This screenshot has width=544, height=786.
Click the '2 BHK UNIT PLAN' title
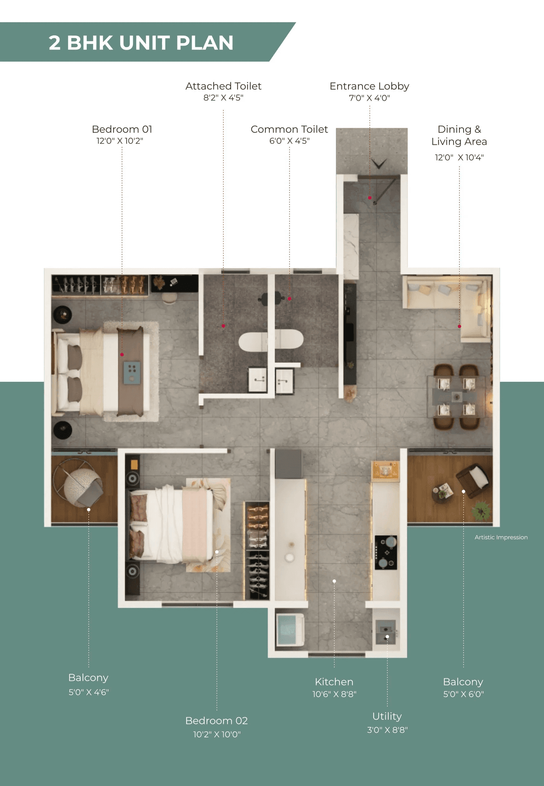point(141,43)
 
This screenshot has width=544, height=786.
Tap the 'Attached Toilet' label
point(223,86)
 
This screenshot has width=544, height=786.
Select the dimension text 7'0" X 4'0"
point(369,98)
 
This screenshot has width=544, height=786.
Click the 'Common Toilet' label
point(289,129)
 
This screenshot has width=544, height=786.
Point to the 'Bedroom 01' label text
point(122,129)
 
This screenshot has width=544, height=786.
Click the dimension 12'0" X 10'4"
point(459,157)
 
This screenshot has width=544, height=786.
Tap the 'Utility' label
point(387,716)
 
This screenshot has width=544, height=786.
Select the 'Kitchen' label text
point(334,682)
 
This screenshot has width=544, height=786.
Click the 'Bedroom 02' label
point(216,721)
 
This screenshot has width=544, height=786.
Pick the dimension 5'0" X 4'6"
point(89,692)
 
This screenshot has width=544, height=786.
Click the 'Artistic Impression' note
point(501,537)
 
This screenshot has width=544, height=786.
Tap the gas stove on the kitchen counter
point(386,552)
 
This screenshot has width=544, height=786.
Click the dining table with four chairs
point(457,396)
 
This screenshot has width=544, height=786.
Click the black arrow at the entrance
point(379,163)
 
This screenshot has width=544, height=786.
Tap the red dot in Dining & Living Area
point(459,326)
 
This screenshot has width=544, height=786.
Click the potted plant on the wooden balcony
point(481,511)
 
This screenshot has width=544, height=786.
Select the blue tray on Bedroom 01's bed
point(132,373)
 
